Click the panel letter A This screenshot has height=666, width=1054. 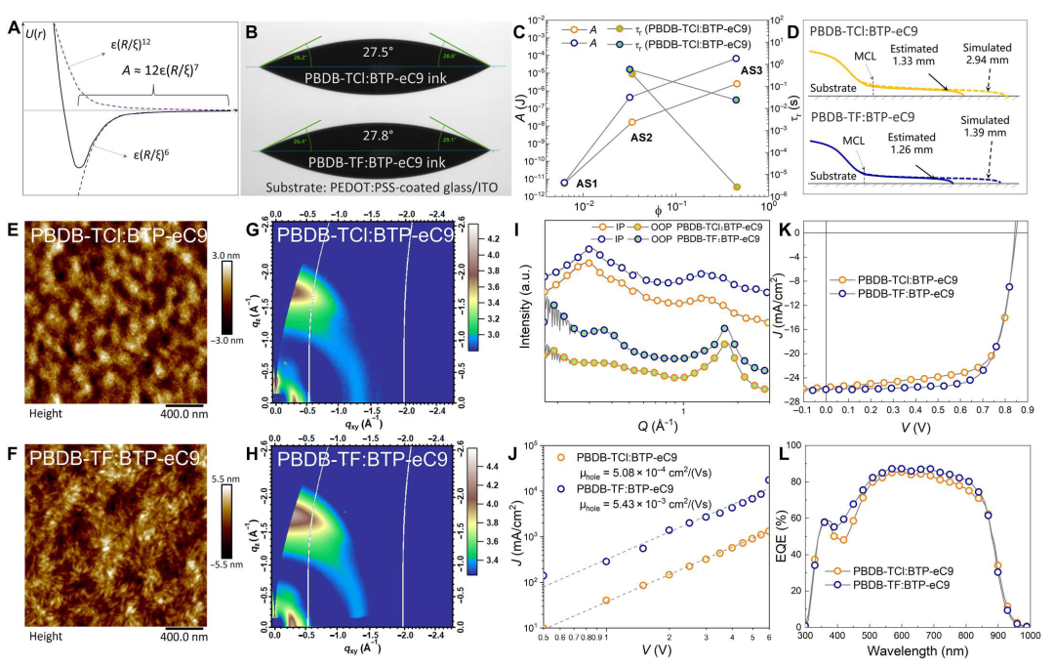coord(13,28)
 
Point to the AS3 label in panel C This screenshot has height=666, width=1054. coord(752,71)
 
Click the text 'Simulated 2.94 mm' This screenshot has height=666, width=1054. coord(987,54)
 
